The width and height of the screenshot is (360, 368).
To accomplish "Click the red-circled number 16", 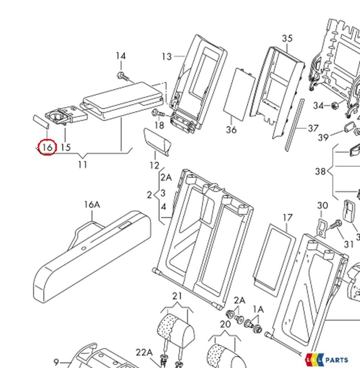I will coord(47,147).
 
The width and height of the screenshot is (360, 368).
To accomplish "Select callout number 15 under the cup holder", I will coord(66,147).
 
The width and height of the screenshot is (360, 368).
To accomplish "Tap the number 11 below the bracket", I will coord(82,164).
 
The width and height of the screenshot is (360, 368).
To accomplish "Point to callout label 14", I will coord(121,56).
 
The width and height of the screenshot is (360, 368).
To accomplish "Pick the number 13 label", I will coord(166,57).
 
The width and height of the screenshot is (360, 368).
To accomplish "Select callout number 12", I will coord(154,166).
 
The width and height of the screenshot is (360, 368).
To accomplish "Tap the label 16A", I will coord(92,205).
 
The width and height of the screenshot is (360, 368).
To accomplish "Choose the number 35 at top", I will coord(287,38).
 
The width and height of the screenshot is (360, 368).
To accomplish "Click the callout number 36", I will coord(231,130).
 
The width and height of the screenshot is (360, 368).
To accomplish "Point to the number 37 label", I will coord(313,128).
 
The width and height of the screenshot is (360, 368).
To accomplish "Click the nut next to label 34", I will coord(334,106).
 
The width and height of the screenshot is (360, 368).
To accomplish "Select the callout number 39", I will coord(323,137).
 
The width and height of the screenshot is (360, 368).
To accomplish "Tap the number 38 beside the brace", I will coord(320,171).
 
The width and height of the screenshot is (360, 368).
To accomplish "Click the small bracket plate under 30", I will coord(321,227).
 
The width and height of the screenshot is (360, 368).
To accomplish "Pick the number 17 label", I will coord(287,218).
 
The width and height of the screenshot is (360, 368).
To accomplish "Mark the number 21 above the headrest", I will coord(177,296).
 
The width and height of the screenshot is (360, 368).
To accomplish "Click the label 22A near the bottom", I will coord(144,352).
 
